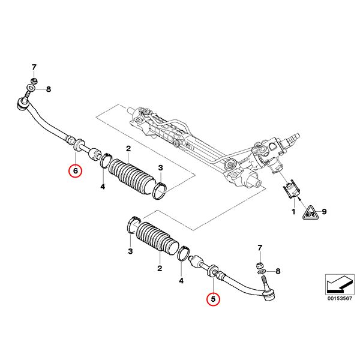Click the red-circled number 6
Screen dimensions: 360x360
click(x=75, y=171)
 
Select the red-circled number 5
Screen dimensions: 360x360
click(x=214, y=298)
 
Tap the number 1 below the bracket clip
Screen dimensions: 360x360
click(x=293, y=212)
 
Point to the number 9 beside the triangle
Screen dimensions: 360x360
click(x=323, y=211)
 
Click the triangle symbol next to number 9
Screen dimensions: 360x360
click(x=310, y=211)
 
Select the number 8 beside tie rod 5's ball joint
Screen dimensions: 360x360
click(x=277, y=271)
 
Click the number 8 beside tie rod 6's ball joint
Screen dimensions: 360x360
click(x=49, y=89)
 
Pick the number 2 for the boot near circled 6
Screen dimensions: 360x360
click(x=128, y=149)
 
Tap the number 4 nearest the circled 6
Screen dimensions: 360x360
click(x=103, y=187)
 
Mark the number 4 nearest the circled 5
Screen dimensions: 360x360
click(x=182, y=280)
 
